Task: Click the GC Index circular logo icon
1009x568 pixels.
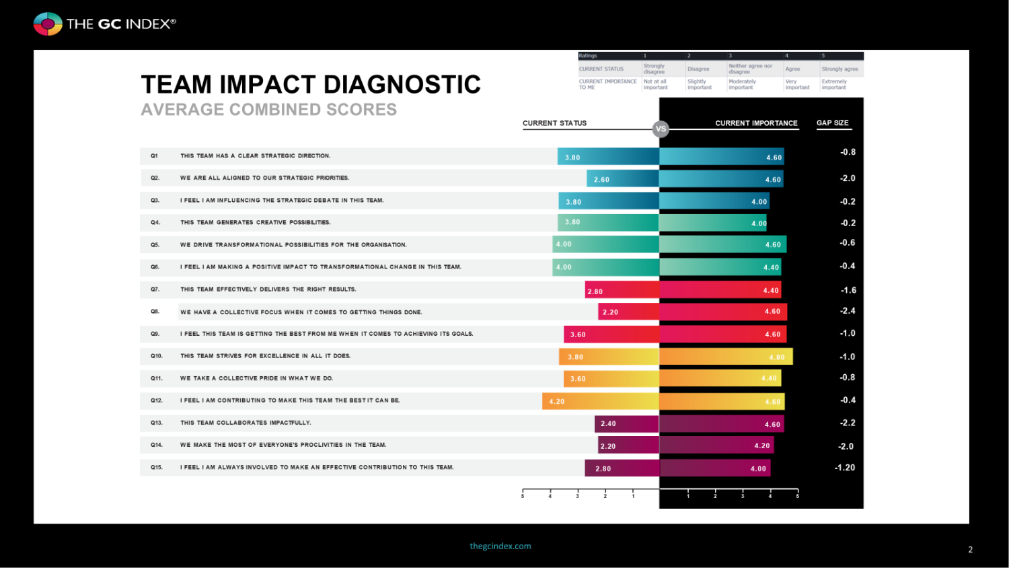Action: click(48, 24)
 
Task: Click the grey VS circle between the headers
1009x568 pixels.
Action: click(661, 129)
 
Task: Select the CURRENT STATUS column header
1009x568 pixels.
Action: click(554, 123)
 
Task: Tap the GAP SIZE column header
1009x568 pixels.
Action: click(832, 123)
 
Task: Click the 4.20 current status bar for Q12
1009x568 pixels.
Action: click(600, 401)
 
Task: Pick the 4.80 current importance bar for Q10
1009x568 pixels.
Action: click(726, 357)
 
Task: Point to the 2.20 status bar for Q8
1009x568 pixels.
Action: click(628, 312)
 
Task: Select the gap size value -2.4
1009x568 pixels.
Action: click(848, 311)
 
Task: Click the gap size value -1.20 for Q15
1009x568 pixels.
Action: click(845, 468)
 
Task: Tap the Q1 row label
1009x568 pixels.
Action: click(154, 156)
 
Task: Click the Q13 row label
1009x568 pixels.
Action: click(156, 423)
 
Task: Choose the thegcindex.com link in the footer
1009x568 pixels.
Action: click(500, 546)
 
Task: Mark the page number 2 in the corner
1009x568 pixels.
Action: click(970, 550)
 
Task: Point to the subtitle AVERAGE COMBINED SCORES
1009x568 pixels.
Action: click(268, 110)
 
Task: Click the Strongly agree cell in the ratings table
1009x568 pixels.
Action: click(839, 69)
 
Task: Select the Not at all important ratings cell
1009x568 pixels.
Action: click(655, 84)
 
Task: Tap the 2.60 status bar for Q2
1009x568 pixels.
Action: click(622, 179)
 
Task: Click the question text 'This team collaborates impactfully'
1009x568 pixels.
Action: click(246, 423)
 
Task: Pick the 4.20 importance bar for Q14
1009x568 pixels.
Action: click(716, 446)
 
